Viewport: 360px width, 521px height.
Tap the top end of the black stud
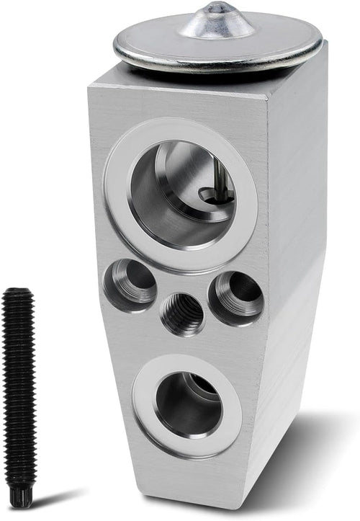click(18, 292)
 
